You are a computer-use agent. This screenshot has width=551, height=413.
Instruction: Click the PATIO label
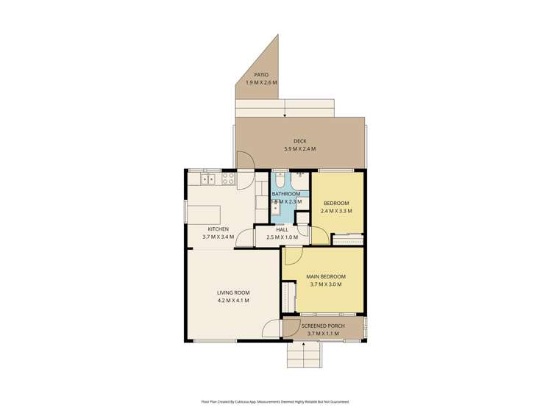261,74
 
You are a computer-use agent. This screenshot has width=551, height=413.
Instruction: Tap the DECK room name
299,141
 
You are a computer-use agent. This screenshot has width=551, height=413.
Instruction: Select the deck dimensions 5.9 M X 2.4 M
299,149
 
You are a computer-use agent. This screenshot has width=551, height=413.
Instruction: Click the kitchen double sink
208,178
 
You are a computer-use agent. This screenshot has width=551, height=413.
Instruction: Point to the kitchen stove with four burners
228,178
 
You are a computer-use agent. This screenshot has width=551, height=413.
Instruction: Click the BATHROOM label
285,194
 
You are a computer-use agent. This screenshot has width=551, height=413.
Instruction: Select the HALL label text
282,229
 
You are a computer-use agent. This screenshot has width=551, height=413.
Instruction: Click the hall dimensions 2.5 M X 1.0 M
282,237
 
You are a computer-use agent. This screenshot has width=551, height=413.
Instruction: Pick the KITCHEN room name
218,229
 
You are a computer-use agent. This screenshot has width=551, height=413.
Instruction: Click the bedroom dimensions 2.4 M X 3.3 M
336,211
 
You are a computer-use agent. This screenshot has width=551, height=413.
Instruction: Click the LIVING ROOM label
233,292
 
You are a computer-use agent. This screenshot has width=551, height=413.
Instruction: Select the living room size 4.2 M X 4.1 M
233,301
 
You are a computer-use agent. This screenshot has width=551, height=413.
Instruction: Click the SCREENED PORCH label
323,326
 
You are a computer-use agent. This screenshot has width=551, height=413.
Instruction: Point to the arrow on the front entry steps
304,344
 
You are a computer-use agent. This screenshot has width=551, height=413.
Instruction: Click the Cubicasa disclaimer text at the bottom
275,402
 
